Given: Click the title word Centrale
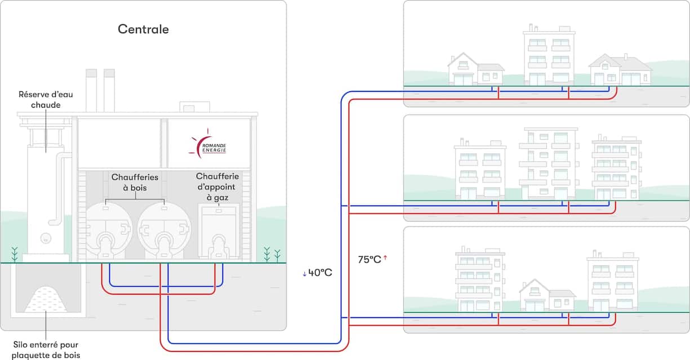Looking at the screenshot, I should (143, 29).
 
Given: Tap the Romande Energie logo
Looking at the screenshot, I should (208, 145).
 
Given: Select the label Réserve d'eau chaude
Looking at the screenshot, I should (46, 100).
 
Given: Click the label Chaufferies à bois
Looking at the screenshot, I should (135, 182).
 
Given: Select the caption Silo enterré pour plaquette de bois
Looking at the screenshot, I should (47, 349).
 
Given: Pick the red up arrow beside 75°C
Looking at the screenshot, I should (385, 259).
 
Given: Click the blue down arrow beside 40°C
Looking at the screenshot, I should (304, 273).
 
